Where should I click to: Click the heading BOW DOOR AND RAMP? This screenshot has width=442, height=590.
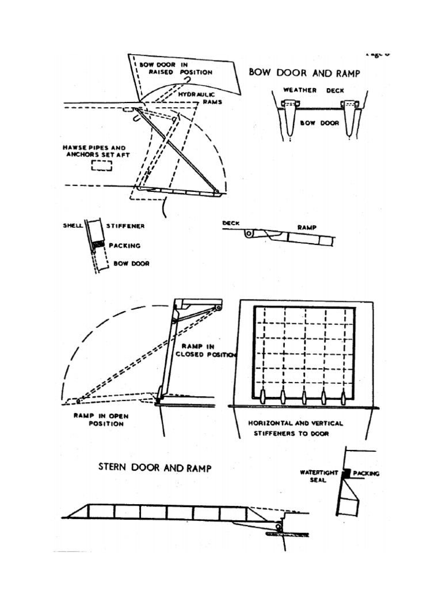pos(305,73)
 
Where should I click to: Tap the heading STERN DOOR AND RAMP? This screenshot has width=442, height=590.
pos(155,468)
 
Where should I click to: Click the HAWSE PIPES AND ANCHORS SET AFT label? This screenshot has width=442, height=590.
pos(94,151)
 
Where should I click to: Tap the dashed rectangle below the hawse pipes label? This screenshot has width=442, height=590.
pos(101,166)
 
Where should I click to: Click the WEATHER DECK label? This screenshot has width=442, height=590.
pos(314,90)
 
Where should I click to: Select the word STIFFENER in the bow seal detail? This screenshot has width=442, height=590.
pos(125,226)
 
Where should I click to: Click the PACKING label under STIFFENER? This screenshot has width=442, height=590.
pos(125,245)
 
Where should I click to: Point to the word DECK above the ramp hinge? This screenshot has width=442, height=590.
pos(231,222)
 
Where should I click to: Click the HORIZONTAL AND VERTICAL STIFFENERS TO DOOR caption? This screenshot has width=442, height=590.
pos(295,428)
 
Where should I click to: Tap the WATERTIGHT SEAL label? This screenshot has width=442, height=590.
pos(314,476)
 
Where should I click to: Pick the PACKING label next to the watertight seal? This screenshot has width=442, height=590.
pos(366,473)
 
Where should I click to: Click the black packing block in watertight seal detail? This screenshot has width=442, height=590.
pos(346,474)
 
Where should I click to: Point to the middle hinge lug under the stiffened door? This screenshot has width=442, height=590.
pos(303,398)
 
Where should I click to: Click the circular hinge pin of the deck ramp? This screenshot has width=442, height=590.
pos(249,234)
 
